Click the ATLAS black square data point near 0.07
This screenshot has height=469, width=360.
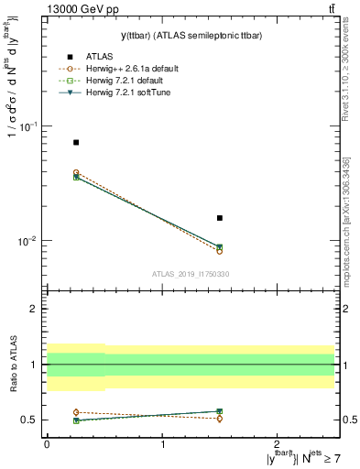[x=76, y=142]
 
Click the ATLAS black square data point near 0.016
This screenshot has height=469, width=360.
[x=220, y=218]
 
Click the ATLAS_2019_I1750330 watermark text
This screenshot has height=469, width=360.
[x=191, y=274]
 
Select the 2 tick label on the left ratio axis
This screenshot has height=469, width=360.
[x=36, y=310]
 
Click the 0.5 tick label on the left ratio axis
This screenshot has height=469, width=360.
[x=31, y=420]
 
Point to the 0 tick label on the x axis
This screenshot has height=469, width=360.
[x=47, y=443]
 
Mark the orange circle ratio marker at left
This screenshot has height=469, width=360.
[x=76, y=412]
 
